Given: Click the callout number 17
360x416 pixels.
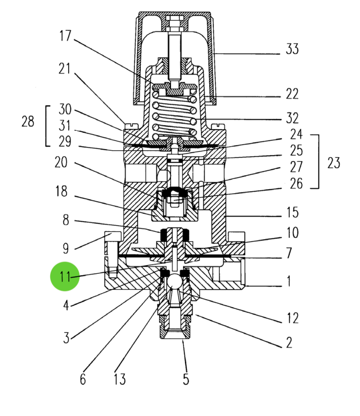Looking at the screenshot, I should [x=65, y=36].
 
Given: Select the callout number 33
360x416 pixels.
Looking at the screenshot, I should [x=292, y=49].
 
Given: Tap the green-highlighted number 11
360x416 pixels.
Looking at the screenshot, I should [x=65, y=276].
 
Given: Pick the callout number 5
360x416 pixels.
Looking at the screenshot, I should [x=185, y=380].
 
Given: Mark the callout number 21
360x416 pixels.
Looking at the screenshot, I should [x=65, y=69].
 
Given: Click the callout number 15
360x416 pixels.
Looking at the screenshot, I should [x=292, y=213].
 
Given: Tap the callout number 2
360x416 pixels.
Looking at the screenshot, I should [x=289, y=342].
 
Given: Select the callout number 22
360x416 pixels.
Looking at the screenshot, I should [x=292, y=94].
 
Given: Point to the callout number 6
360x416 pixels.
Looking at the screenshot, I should [x=83, y=380].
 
